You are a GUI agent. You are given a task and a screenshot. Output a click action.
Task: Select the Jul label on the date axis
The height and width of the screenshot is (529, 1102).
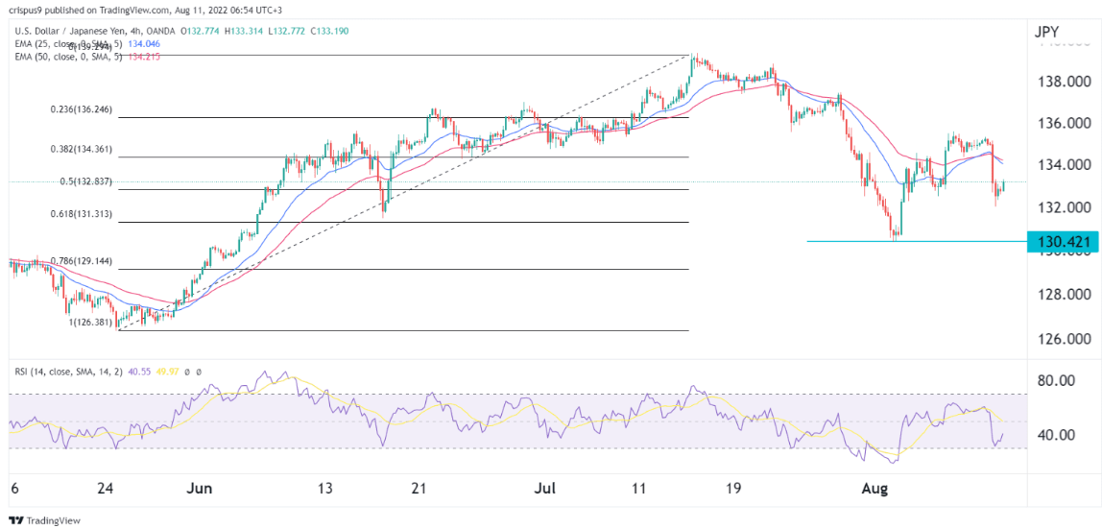(544, 489)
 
